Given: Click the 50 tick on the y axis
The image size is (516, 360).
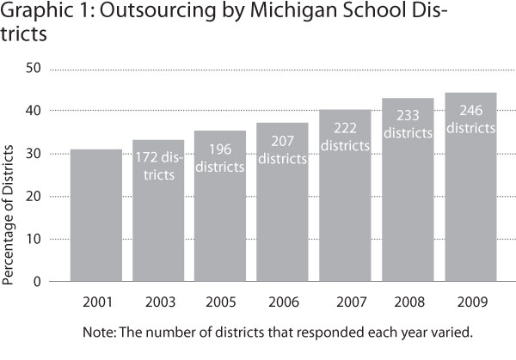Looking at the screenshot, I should (34, 70).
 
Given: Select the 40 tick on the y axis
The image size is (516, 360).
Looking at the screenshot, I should (34, 112).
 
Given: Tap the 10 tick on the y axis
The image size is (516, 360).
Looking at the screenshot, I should (34, 239).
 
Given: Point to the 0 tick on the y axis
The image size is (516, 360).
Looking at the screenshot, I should (37, 281).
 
